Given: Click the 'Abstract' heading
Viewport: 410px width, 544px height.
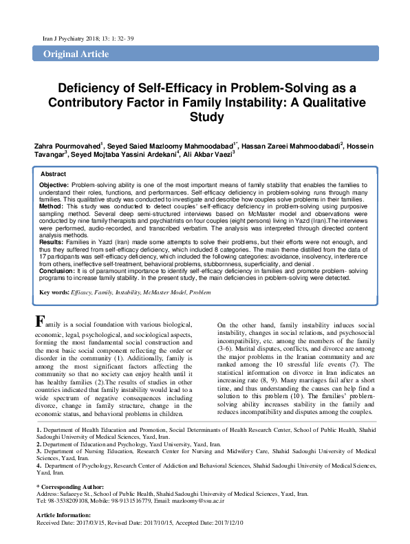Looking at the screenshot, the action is [54, 174].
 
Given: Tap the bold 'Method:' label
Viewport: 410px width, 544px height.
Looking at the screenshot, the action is [51, 206].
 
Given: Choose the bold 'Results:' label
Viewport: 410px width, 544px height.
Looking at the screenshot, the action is [52, 242].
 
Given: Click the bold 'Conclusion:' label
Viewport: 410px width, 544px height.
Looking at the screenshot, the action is [57, 272].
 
